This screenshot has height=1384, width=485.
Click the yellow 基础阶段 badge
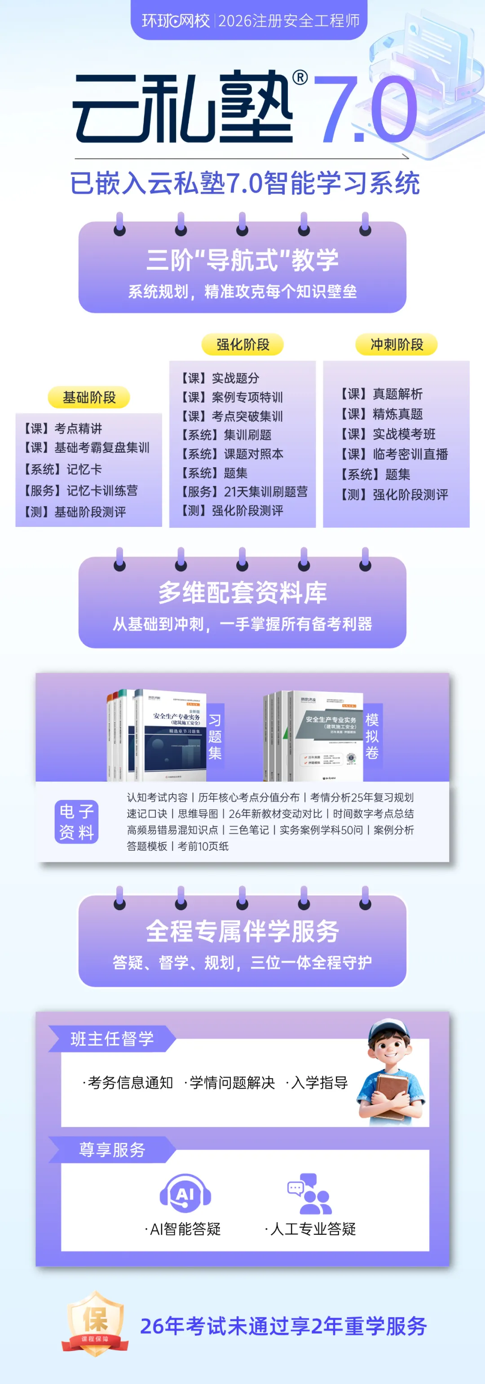pos(89,398)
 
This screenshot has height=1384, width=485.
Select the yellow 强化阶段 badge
pos(243,345)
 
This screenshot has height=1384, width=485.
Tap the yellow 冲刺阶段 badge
pos(397,345)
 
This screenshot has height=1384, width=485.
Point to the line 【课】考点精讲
pos(63,428)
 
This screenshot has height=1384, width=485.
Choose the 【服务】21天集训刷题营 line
pos(244,491)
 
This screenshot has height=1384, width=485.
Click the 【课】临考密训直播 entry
pos(394,454)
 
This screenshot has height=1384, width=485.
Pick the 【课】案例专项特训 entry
pos(232,397)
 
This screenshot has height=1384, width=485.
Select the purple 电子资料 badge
pos(76,822)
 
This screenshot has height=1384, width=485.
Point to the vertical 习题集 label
pos(215,737)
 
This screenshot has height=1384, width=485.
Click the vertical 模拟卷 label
pos(372,736)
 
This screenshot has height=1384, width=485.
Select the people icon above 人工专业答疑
pos(312,1194)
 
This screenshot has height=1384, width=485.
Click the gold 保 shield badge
pos(95,1322)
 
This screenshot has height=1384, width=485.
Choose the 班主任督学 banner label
pos(112,1039)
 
